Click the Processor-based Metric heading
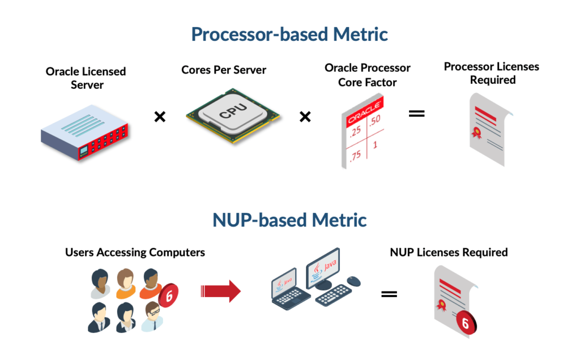[289, 34]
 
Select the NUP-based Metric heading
[289, 220]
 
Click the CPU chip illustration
[233, 113]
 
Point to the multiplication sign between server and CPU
[160, 117]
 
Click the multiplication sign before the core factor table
[305, 117]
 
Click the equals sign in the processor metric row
[416, 113]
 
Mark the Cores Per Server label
[224, 70]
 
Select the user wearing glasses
[152, 316]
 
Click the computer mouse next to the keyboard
[353, 280]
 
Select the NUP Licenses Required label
[449, 252]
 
